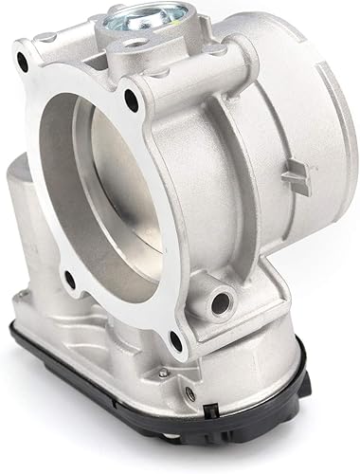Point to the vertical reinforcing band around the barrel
click(x=242, y=171)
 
